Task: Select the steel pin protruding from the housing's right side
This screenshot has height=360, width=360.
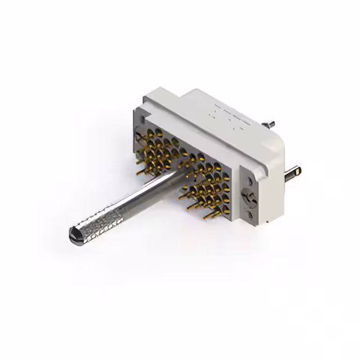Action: click(293, 173)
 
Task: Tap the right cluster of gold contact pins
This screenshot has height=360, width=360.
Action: click(208, 186)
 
